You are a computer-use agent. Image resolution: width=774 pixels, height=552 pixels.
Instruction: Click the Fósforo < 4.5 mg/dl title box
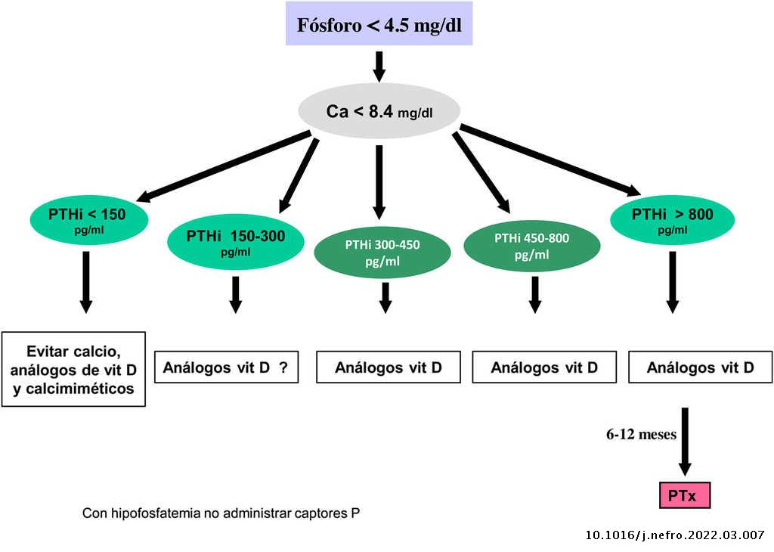coord(379,23)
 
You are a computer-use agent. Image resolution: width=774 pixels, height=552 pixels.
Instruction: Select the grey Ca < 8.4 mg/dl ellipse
coord(379,112)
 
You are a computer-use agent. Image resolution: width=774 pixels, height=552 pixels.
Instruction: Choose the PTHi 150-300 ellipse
coord(235,242)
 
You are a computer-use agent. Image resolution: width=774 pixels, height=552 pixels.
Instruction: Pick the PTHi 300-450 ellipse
coord(382,251)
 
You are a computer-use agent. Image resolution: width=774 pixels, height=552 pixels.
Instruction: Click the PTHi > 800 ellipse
coord(672,219)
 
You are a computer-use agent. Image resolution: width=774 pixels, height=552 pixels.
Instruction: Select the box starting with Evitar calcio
coord(73,369)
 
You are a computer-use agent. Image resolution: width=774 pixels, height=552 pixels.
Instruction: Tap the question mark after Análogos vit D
coord(283,368)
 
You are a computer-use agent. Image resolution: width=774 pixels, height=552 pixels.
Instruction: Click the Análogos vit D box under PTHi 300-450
coord(388,368)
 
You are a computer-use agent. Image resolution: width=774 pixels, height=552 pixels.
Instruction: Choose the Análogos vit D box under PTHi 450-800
coord(544,368)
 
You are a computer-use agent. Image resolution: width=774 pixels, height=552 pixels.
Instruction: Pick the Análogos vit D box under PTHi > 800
coord(700,368)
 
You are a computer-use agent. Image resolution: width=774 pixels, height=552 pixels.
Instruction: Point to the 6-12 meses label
coord(641,435)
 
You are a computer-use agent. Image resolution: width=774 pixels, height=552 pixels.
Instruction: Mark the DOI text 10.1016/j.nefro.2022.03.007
coord(675,535)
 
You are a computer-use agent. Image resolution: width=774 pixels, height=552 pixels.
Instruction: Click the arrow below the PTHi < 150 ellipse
coord(85,281)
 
